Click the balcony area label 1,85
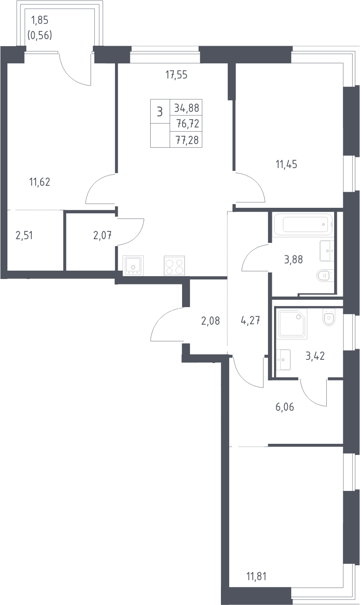[40, 20]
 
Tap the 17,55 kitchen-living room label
[177, 75]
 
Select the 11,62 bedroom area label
[40, 182]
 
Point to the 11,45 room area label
[286, 164]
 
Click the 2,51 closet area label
[24, 236]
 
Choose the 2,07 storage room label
[103, 236]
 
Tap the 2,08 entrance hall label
[211, 321]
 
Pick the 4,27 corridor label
[250, 321]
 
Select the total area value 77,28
[187, 140]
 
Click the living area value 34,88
[187, 108]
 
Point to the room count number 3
[160, 112]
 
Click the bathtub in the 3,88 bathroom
[303, 224]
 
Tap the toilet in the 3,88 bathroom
[325, 276]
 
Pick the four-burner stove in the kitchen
[174, 266]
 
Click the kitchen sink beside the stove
[133, 266]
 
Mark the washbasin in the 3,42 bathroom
[283, 359]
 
